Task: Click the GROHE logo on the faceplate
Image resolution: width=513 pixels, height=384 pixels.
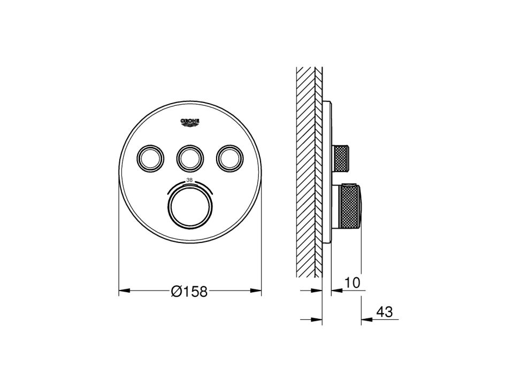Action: [x=190, y=122]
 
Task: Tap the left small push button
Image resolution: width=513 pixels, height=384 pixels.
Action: [x=150, y=158]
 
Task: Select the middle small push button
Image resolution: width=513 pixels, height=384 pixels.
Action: [x=190, y=158]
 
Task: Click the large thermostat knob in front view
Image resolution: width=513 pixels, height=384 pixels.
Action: [x=190, y=206]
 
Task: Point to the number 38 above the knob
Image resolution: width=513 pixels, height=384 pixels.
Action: [x=189, y=180]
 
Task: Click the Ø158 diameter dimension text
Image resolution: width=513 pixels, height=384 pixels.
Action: [x=189, y=291]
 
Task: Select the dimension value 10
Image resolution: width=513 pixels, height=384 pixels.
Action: [x=352, y=283]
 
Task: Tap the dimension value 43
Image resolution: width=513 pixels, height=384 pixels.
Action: [x=384, y=312]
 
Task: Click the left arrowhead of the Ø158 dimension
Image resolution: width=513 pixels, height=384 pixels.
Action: [x=124, y=290]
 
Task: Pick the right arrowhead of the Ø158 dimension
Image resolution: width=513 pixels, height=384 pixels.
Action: [x=256, y=290]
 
